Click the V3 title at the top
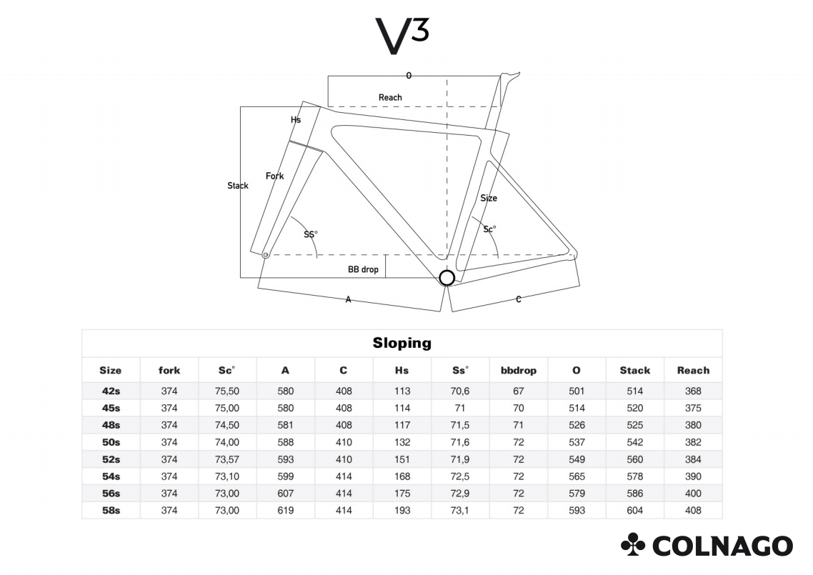[x=401, y=36]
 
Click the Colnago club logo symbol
[x=632, y=544]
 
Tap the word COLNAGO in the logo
[x=723, y=546]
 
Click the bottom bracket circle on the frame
[x=447, y=278]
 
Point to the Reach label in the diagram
[x=390, y=97]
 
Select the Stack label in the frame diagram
[x=237, y=186]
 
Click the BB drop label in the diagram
[x=363, y=269]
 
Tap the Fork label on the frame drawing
[x=275, y=176]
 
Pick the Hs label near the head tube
[x=296, y=120]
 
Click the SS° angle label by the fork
[x=311, y=234]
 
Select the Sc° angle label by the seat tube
[x=489, y=229]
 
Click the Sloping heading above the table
[x=401, y=343]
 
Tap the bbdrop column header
[x=519, y=370]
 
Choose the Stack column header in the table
[x=634, y=370]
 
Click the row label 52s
[x=111, y=459]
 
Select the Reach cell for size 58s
[x=693, y=510]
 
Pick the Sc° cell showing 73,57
[x=227, y=459]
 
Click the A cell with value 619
[x=286, y=510]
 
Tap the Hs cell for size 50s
[x=401, y=442]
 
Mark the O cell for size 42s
[x=577, y=391]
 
